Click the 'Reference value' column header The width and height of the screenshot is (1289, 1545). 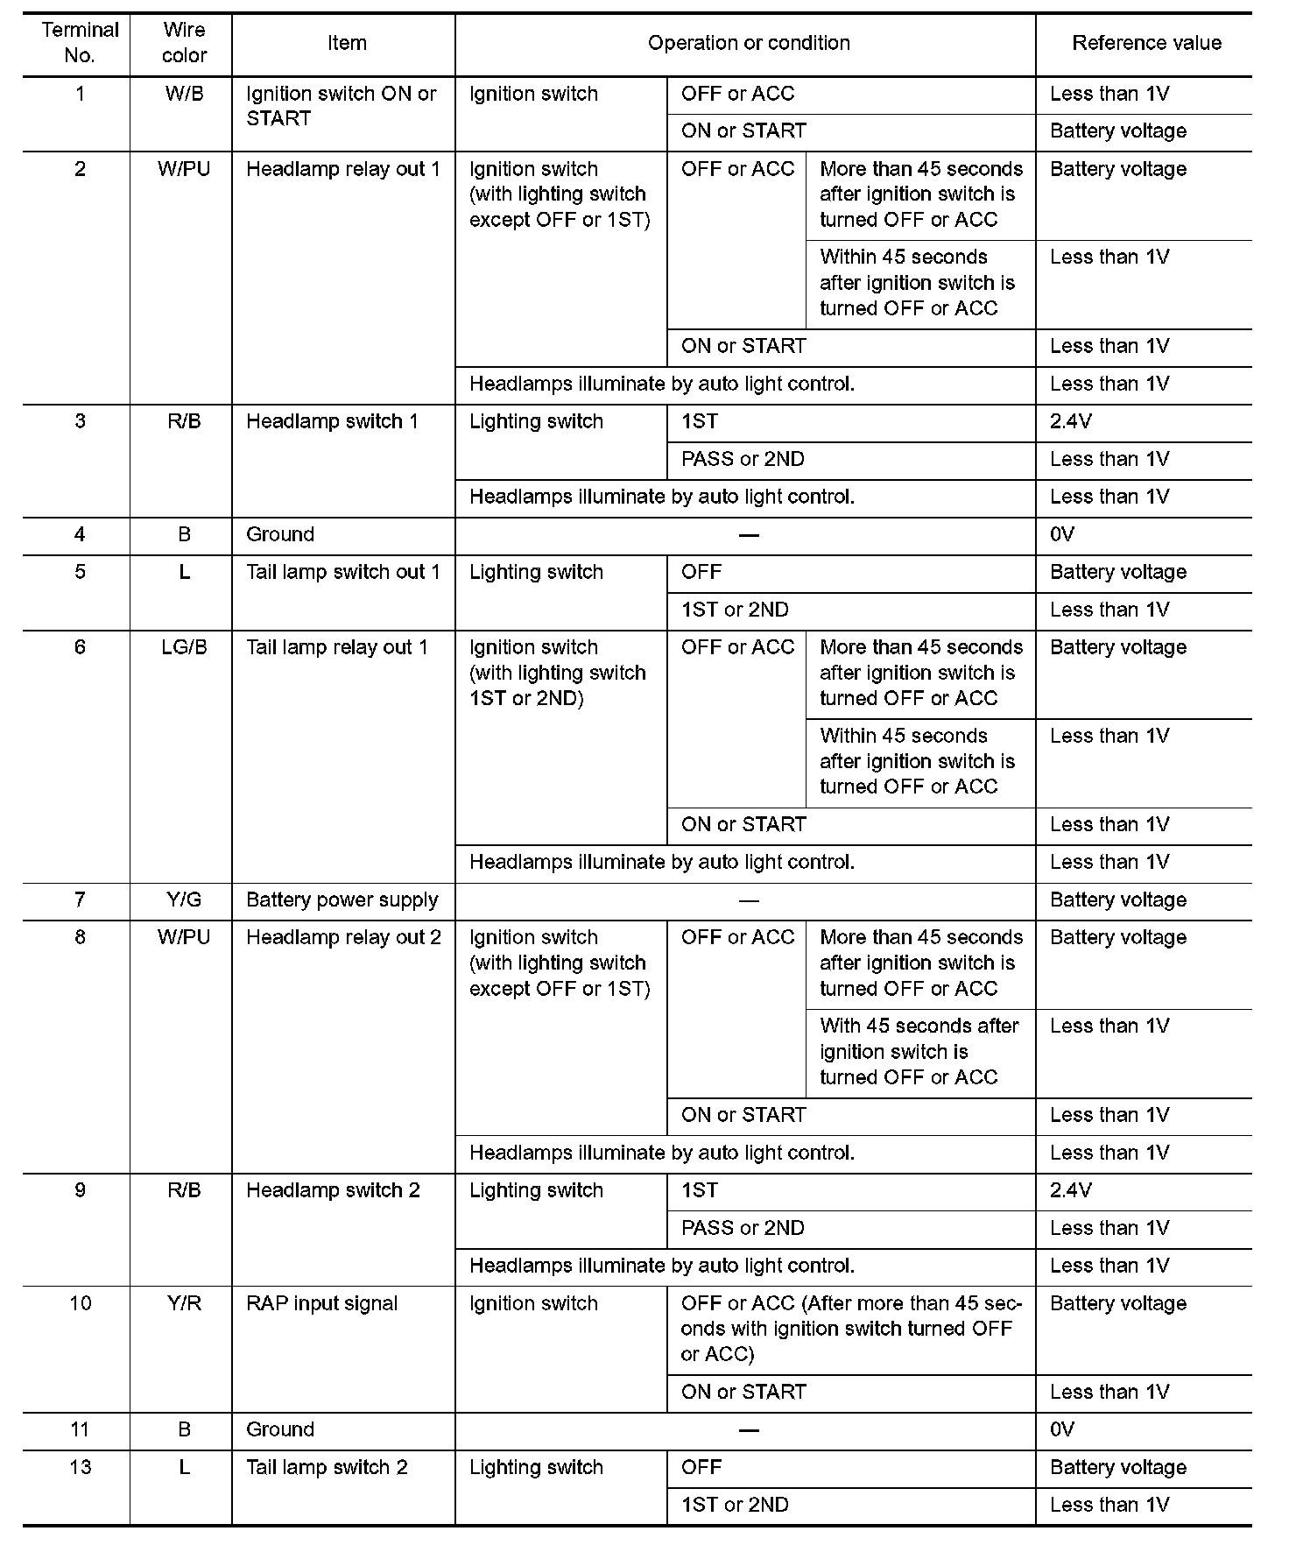[x=1145, y=44]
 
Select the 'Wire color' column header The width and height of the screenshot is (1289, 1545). [x=184, y=43]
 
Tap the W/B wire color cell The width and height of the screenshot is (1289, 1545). [x=184, y=94]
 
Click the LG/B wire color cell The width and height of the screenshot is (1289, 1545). [x=184, y=647]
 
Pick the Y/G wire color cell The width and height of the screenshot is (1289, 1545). [x=184, y=899]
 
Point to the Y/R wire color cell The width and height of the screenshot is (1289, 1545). [x=184, y=1303]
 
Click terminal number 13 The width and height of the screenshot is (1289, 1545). [x=80, y=1467]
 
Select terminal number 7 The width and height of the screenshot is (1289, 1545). [x=80, y=899]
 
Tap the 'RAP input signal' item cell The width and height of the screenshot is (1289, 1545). [x=322, y=1303]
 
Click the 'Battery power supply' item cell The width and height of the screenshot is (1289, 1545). [x=342, y=899]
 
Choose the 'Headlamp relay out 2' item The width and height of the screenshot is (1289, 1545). [x=343, y=937]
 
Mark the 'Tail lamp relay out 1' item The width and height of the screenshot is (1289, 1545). [x=337, y=647]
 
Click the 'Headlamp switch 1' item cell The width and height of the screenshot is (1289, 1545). [x=333, y=421]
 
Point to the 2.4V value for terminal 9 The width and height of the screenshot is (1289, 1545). [x=1071, y=1190]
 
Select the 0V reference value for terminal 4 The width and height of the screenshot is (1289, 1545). [x=1062, y=534]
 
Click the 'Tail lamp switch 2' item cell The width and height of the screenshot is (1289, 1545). [x=327, y=1467]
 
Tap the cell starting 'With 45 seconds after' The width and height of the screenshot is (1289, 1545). [x=919, y=1051]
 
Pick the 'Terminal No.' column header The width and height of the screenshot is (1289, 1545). [x=80, y=43]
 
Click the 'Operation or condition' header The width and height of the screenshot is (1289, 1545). [x=749, y=43]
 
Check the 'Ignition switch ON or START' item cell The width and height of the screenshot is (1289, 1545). [x=341, y=106]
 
